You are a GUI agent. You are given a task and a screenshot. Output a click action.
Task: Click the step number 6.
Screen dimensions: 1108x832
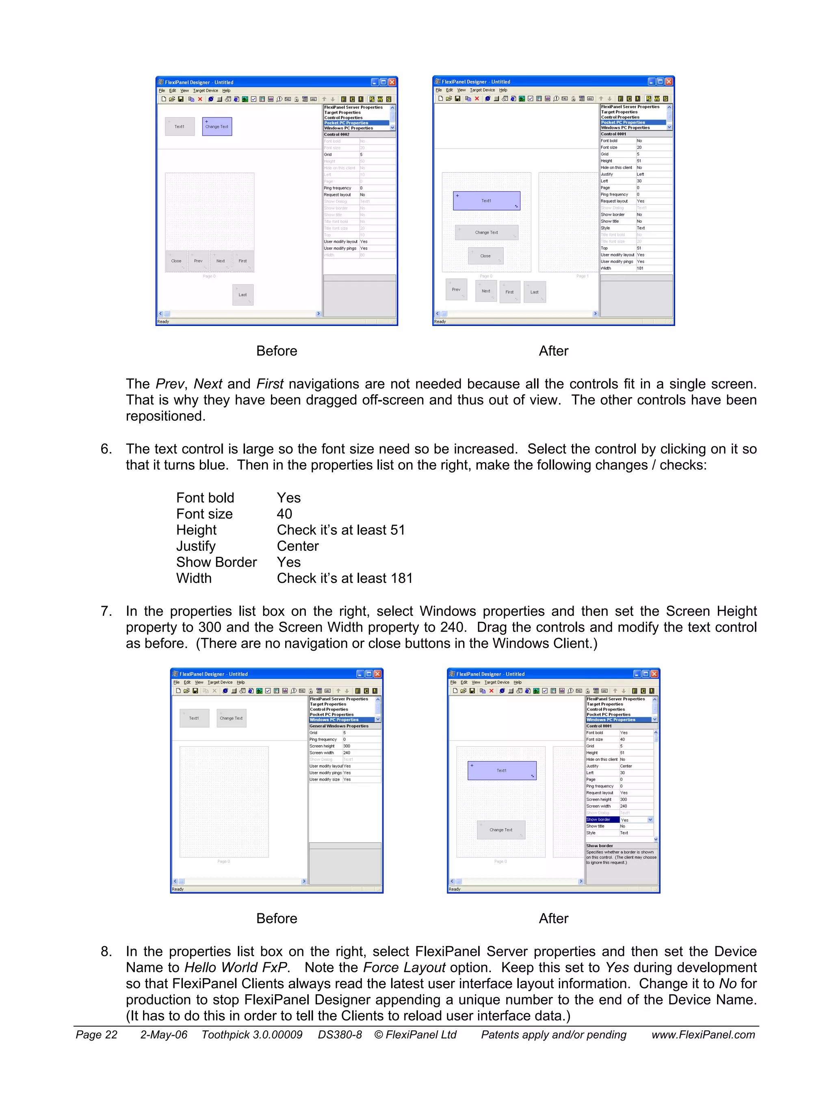[x=106, y=449]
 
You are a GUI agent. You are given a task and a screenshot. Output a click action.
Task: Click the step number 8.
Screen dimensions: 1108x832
[x=106, y=951]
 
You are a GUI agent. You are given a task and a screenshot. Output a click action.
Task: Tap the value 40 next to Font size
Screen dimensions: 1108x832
[x=284, y=514]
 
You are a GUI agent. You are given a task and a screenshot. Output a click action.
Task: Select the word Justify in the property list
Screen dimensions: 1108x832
[x=196, y=546]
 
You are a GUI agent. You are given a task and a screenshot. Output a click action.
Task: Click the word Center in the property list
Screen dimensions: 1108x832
[x=298, y=546]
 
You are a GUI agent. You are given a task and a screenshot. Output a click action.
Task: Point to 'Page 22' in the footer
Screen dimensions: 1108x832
[x=96, y=1034]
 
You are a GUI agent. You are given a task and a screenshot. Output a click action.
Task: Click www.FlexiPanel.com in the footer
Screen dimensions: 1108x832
[x=703, y=1034]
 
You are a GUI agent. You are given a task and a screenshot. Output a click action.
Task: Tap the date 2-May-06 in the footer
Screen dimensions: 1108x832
[x=164, y=1034]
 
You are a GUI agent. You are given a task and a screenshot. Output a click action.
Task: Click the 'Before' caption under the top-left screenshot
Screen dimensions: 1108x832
[x=276, y=351]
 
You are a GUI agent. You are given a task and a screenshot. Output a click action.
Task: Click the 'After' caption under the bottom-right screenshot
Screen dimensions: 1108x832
[x=553, y=918]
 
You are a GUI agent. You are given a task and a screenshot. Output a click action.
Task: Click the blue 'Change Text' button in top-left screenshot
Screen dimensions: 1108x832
[x=217, y=126]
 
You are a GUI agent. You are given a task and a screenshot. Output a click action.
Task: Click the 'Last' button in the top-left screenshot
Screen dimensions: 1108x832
[x=243, y=295]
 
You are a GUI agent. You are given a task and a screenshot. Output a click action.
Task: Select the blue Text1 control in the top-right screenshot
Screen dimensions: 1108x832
[x=486, y=200]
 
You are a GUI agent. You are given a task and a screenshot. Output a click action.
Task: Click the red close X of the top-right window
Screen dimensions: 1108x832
[x=669, y=81]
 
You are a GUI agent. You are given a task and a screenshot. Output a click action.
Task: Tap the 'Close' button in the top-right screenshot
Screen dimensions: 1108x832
[x=485, y=256]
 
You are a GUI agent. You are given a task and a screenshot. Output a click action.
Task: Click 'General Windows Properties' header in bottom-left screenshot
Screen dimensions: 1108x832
[x=339, y=726]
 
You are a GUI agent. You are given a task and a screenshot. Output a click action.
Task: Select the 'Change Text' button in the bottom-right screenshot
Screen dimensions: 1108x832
[x=500, y=830]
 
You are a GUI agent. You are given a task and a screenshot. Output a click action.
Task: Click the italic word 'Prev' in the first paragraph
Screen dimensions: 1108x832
[x=170, y=384]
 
